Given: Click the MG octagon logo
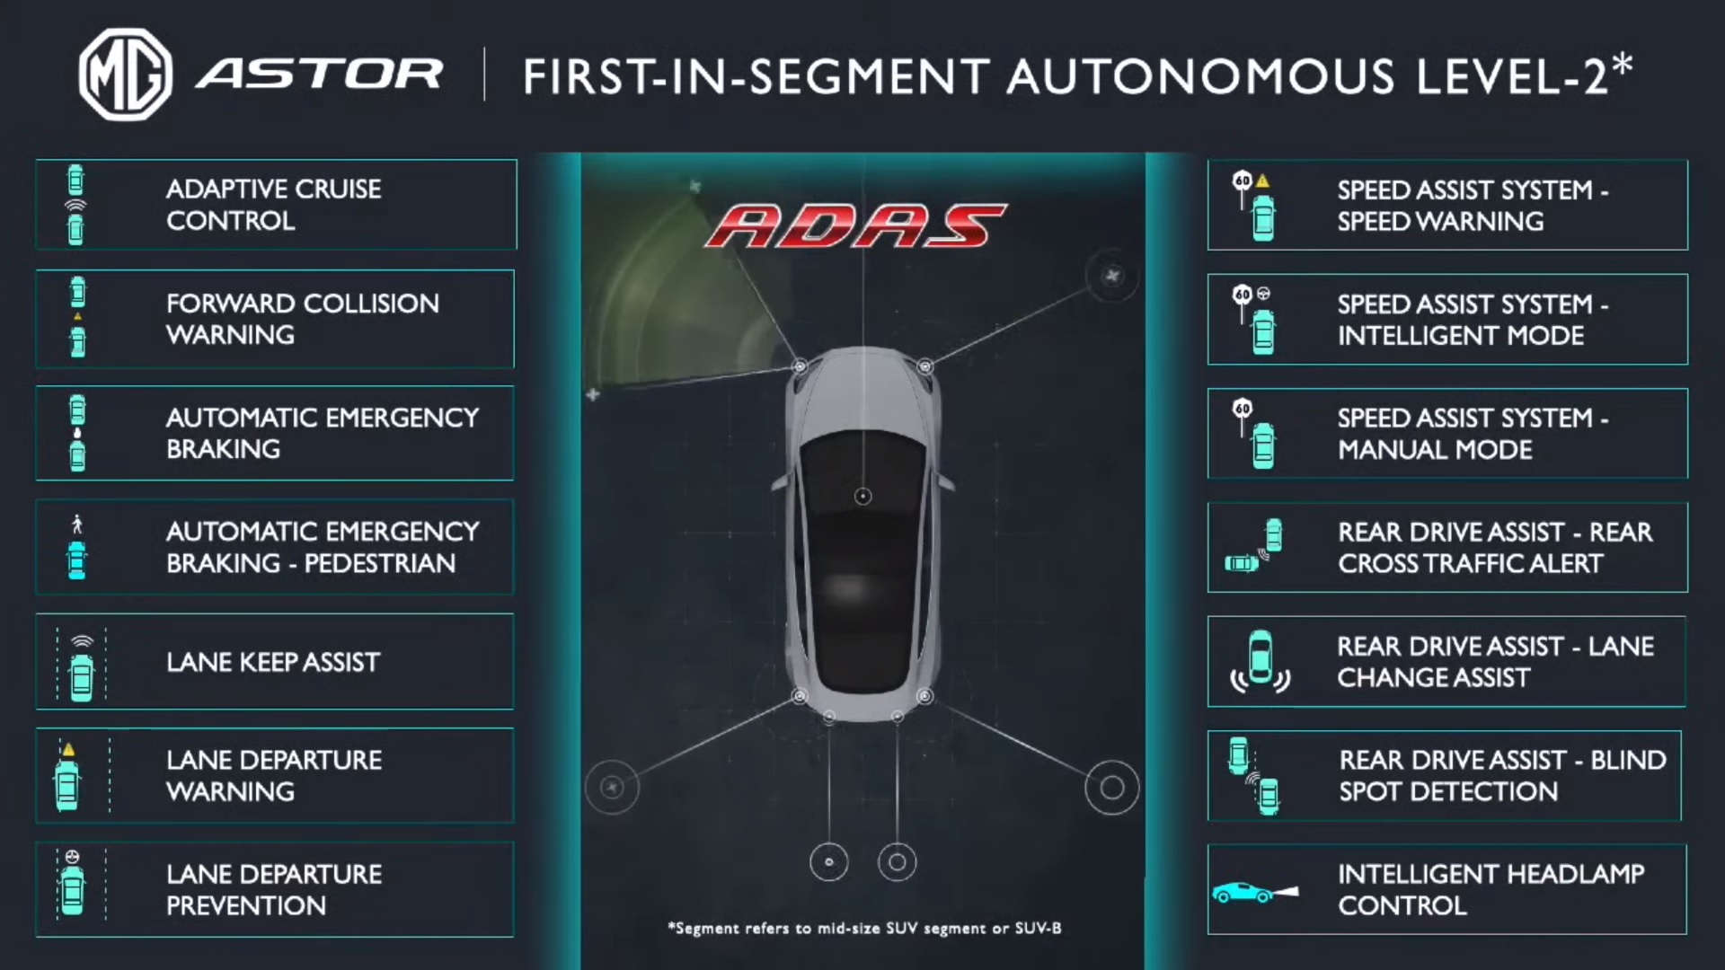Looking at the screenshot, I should click(x=125, y=75).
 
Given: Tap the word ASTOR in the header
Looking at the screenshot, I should click(x=320, y=75).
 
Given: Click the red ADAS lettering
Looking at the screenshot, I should click(x=856, y=226).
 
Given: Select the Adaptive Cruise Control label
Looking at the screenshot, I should click(x=274, y=205).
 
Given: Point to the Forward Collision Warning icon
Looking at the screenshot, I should click(x=78, y=318).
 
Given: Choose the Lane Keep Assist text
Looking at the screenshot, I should click(x=273, y=662).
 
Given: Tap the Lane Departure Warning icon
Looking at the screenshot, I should click(x=68, y=776).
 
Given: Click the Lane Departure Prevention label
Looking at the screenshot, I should click(x=274, y=889).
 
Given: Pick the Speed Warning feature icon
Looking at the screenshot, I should click(x=1256, y=206).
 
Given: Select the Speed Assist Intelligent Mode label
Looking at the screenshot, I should click(x=1473, y=320).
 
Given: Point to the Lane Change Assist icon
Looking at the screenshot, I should click(x=1261, y=662).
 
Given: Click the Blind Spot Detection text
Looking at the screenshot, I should click(x=1502, y=776).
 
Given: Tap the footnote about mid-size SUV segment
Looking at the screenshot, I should click(x=864, y=928).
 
